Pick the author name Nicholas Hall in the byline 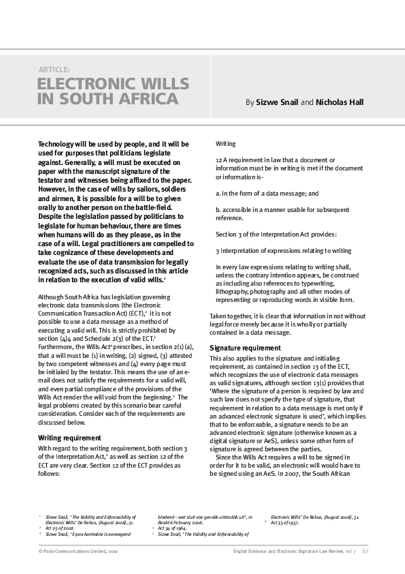(x=340, y=102)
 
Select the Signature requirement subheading (x=244, y=348)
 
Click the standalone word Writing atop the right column (x=225, y=145)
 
